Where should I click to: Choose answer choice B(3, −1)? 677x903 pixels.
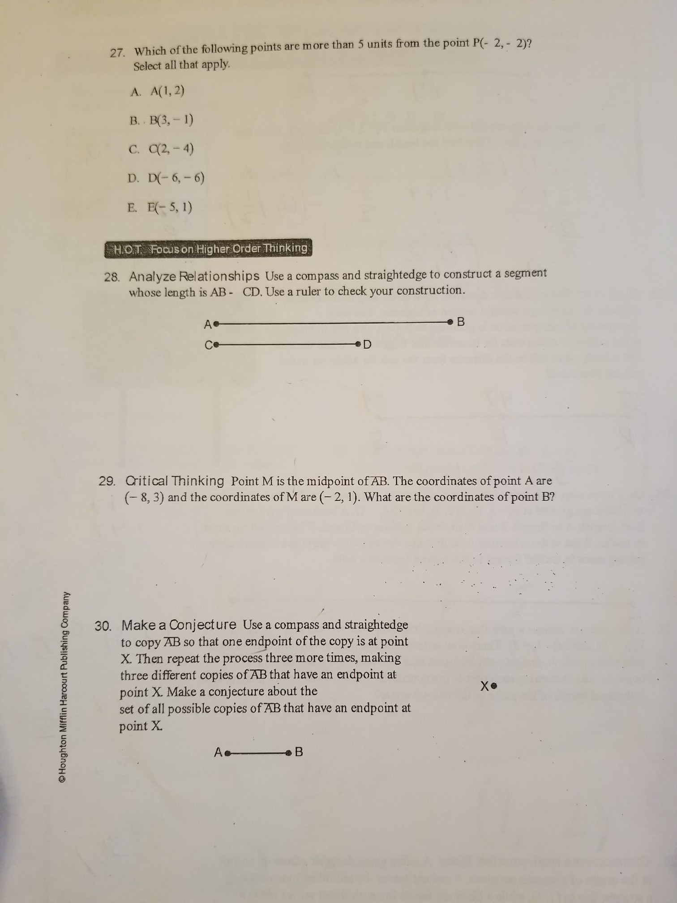[x=161, y=120]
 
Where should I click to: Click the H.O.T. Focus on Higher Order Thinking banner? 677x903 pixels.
[x=208, y=248]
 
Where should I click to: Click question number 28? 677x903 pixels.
[x=111, y=277]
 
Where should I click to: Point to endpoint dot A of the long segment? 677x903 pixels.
[x=216, y=323]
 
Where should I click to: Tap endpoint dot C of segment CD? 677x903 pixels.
[x=216, y=345]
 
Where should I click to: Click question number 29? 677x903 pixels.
[x=107, y=482]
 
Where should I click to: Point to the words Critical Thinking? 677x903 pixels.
[x=175, y=481]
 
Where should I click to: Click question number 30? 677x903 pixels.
[x=103, y=626]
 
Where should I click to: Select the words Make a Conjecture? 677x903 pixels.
[x=179, y=624]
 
